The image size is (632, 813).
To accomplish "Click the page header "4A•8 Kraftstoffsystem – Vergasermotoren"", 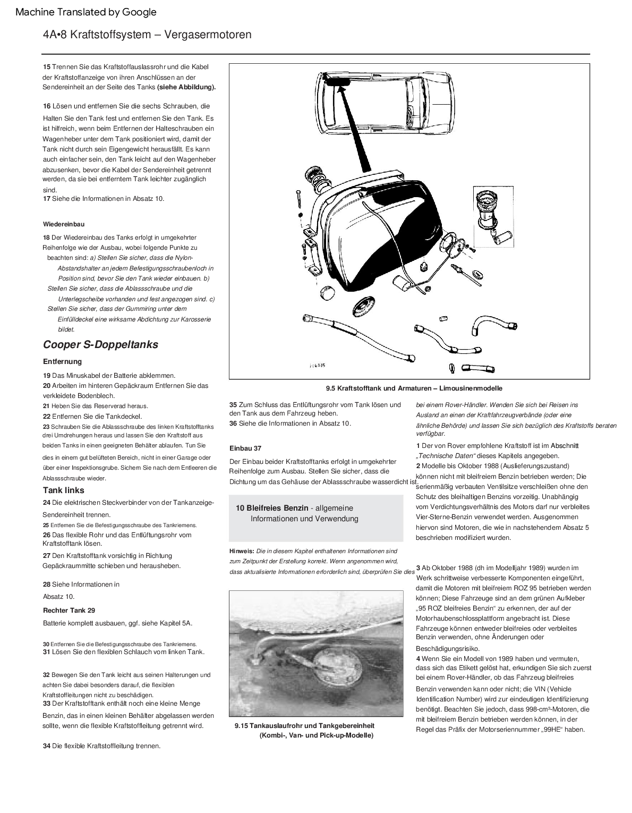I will [147, 35].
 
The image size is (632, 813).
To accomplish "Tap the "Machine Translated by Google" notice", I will [86, 12].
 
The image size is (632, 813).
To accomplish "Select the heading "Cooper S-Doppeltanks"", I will [100, 344].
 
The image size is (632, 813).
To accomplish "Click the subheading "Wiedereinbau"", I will [64, 224].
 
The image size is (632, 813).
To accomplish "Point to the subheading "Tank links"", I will [64, 490].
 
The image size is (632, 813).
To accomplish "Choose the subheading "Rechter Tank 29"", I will [69, 610].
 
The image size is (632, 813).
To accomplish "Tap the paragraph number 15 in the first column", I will [47, 67].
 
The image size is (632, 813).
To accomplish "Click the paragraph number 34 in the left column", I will [47, 746].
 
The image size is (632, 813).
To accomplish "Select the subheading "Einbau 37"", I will [245, 448].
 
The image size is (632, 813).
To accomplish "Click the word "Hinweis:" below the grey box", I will [242, 552].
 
